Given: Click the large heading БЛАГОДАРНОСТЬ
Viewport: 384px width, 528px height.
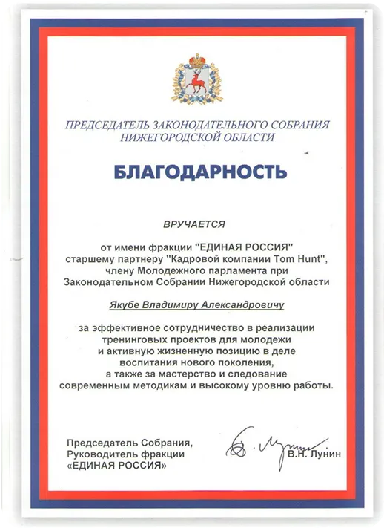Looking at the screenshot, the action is (199, 172).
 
